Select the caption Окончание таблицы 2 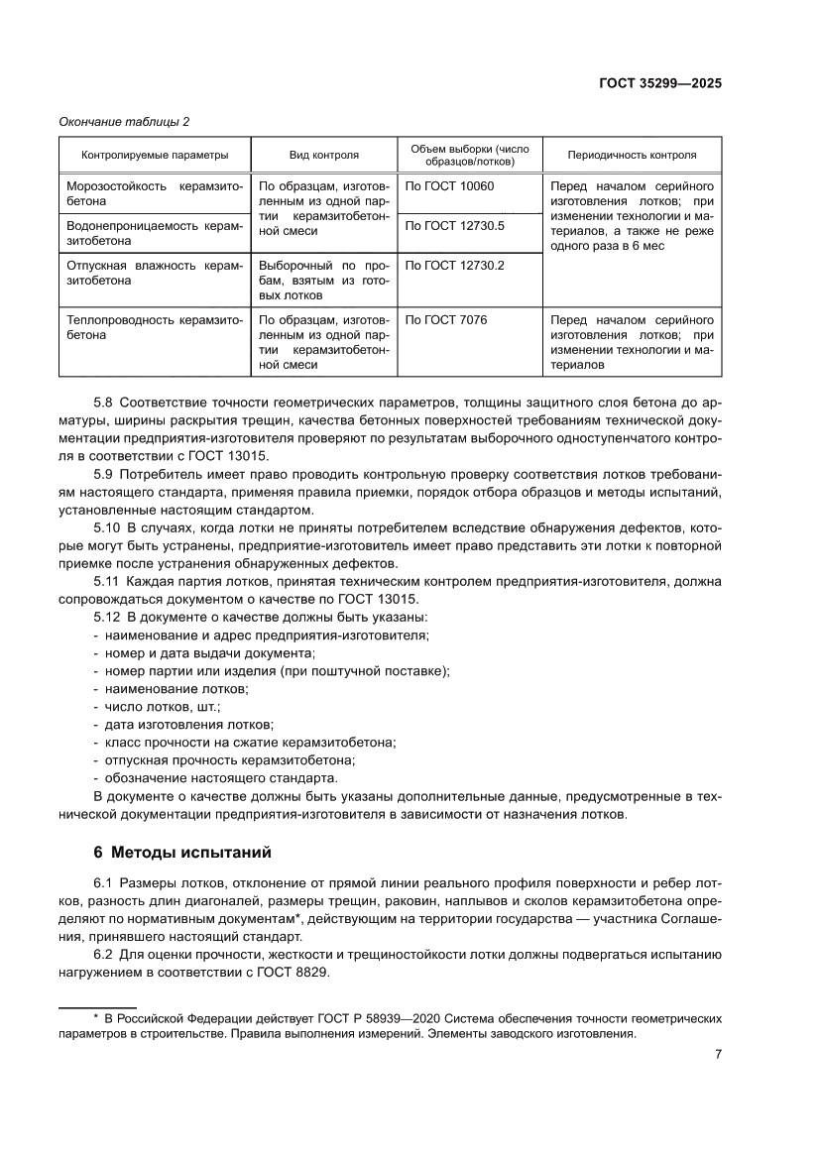[x=126, y=122]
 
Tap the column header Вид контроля [x=323, y=155]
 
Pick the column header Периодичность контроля [x=632, y=155]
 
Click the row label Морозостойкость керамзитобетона [x=155, y=193]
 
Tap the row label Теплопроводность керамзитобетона [x=155, y=327]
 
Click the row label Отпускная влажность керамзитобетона [x=155, y=273]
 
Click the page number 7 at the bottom [x=717, y=1054]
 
